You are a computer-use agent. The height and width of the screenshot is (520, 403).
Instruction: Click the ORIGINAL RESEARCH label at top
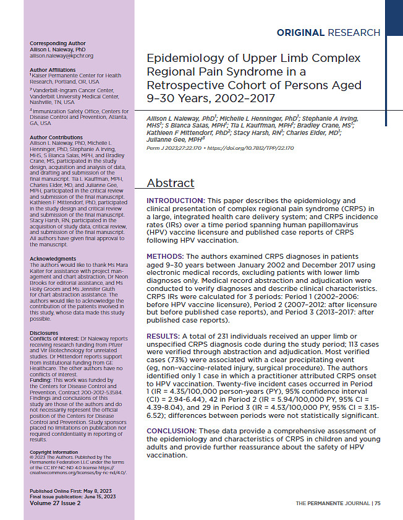coord(328,32)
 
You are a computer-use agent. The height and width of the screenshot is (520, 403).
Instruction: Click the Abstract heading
coord(170,183)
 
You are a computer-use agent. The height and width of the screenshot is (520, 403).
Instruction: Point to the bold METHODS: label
coord(167,256)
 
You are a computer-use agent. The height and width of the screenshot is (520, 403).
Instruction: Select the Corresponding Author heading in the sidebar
coord(54,43)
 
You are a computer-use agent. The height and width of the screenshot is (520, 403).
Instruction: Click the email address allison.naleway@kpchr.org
coord(61,55)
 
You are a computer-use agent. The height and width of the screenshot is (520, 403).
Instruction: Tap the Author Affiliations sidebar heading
coord(52,70)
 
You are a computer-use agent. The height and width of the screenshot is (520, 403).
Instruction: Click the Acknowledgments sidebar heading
coord(53,258)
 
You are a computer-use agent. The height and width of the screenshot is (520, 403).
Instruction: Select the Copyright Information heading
coord(54,453)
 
